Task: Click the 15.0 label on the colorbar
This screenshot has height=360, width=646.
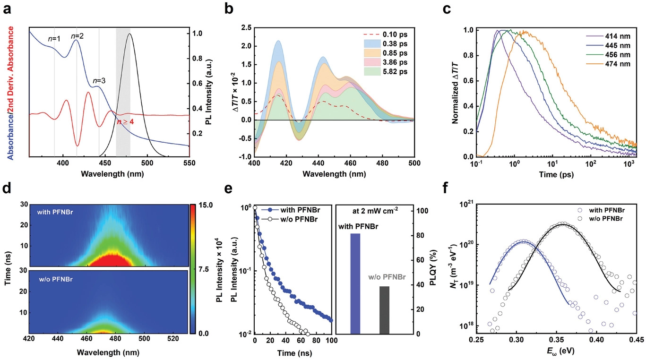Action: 207,205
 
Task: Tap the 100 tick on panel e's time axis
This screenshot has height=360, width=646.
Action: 331,340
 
